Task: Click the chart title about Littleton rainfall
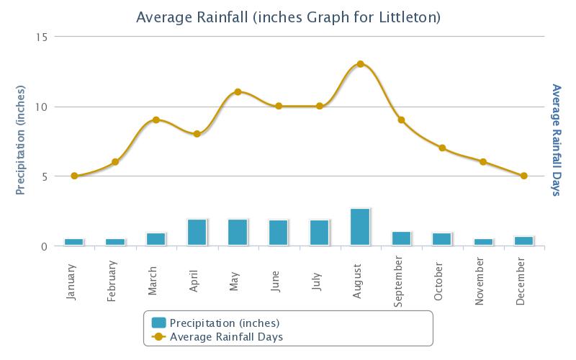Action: pyautogui.click(x=288, y=16)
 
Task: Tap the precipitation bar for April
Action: pyautogui.click(x=197, y=232)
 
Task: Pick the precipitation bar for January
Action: pyautogui.click(x=74, y=242)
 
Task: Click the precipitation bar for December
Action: pyautogui.click(x=523, y=240)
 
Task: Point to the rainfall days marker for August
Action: pyautogui.click(x=360, y=64)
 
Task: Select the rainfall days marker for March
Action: pyautogui.click(x=156, y=120)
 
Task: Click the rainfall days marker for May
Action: pyautogui.click(x=238, y=92)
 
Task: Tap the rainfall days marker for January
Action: pyautogui.click(x=74, y=176)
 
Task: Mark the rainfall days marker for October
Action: pyautogui.click(x=442, y=148)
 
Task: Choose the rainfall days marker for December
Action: pyautogui.click(x=523, y=176)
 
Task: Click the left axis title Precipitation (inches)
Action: pyautogui.click(x=20, y=141)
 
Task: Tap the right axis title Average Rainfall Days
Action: pyautogui.click(x=556, y=141)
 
